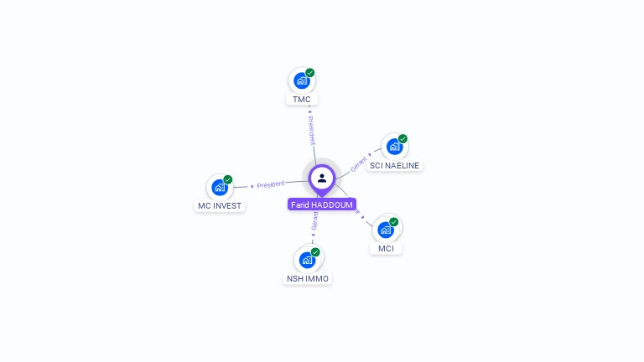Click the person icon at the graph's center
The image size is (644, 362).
pos(322,178)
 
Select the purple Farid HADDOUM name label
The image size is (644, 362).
pos(322,204)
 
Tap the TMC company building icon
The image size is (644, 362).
pos(301,81)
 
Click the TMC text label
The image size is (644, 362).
pos(302,100)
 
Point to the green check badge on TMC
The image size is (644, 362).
pos(310,73)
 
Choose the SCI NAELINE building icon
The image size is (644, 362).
pos(394,147)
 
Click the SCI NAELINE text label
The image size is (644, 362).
pos(394,166)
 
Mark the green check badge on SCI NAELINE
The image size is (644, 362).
pos(403,138)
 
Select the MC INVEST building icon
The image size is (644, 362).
pos(220,187)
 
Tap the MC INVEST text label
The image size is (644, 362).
pos(220,206)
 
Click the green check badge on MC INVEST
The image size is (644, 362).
pos(228,179)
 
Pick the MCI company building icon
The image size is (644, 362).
pos(386,230)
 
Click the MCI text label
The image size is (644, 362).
pos(386,249)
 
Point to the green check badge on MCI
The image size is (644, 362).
pos(394,222)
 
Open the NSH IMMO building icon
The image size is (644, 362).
pos(307,260)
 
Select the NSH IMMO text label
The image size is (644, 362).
pos(308,279)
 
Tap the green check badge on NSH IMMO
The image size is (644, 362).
pos(316,251)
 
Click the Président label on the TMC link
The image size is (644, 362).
pos(311,130)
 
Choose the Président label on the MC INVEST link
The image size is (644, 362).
pos(271,184)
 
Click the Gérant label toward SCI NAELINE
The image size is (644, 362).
pos(359,163)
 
